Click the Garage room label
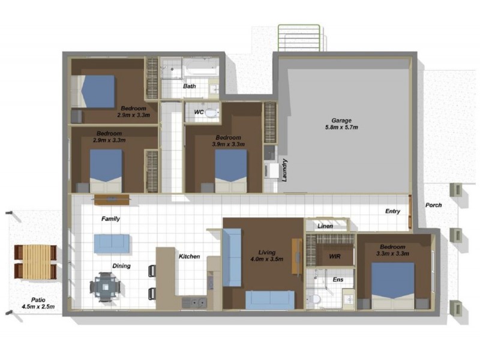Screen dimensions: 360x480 [341, 120]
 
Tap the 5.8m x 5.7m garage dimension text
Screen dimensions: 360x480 [341, 127]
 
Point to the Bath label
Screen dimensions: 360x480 [190, 86]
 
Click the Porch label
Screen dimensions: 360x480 [434, 205]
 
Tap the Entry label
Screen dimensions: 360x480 [393, 211]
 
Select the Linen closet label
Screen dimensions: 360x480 [325, 226]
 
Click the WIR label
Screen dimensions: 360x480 [335, 256]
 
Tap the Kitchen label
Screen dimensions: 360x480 [189, 257]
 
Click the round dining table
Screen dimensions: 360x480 [106, 287]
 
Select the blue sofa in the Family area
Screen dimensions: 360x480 [111, 242]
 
